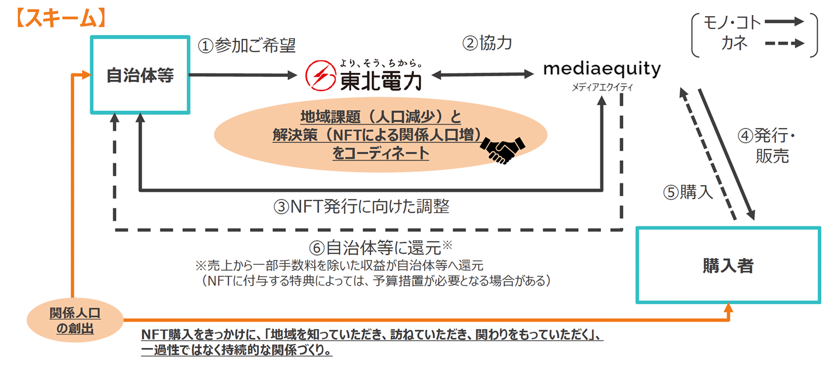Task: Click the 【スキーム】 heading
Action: (61, 18)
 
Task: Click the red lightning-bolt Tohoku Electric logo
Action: (320, 75)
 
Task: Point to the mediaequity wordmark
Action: (602, 69)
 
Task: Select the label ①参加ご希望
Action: (247, 45)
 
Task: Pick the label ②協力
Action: (487, 43)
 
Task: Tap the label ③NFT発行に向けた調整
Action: (361, 206)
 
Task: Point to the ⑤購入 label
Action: (688, 192)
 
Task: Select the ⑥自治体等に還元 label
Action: (380, 247)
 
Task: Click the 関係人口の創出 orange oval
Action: (75, 320)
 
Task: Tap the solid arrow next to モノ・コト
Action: (784, 21)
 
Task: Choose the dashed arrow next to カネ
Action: (784, 43)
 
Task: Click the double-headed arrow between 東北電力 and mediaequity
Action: (483, 75)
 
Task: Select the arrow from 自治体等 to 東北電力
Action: (243, 75)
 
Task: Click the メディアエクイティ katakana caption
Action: (602, 87)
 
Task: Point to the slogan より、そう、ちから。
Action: (381, 63)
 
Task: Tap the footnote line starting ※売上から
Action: (339, 265)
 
